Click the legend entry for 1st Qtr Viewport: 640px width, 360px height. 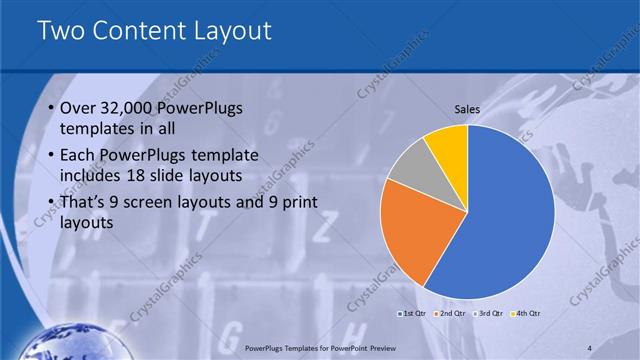(x=412, y=314)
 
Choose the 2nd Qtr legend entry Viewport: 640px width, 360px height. (x=451, y=314)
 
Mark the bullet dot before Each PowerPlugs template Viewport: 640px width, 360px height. (x=51, y=157)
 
